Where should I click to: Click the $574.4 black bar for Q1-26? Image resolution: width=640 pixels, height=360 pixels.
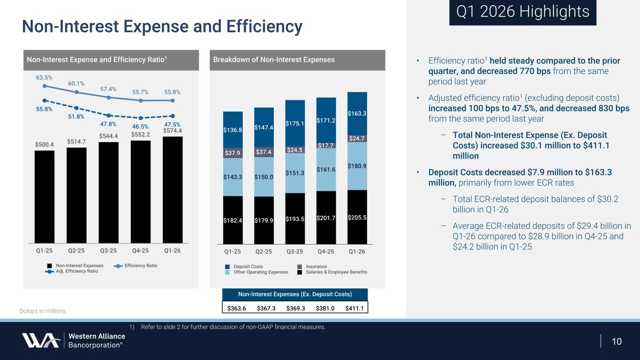(x=173, y=189)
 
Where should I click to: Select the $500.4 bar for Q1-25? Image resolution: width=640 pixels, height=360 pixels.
(x=45, y=196)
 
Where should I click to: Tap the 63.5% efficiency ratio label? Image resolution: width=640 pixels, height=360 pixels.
(x=44, y=77)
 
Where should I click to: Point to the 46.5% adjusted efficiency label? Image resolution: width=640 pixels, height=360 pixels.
(x=140, y=127)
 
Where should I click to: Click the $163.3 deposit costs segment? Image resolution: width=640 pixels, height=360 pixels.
(x=357, y=113)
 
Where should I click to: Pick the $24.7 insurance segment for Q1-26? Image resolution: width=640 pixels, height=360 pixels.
(x=357, y=138)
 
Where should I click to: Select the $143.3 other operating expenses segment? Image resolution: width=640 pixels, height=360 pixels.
(x=233, y=177)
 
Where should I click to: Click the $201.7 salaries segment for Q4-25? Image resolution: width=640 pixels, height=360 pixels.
(x=326, y=217)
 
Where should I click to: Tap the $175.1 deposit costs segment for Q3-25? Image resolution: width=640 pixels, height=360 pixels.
(x=295, y=123)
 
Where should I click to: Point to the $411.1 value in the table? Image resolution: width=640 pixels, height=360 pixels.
(x=355, y=308)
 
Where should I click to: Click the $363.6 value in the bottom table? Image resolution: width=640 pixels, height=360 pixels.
(x=235, y=308)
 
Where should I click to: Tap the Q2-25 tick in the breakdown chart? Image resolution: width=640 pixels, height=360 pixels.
(x=264, y=252)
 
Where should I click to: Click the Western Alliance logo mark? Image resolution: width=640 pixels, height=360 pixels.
(x=40, y=340)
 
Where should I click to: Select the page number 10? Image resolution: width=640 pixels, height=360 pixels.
(x=617, y=341)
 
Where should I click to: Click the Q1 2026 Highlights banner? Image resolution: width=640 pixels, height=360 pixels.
(x=522, y=12)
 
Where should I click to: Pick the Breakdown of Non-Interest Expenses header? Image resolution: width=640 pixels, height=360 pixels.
(x=274, y=60)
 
